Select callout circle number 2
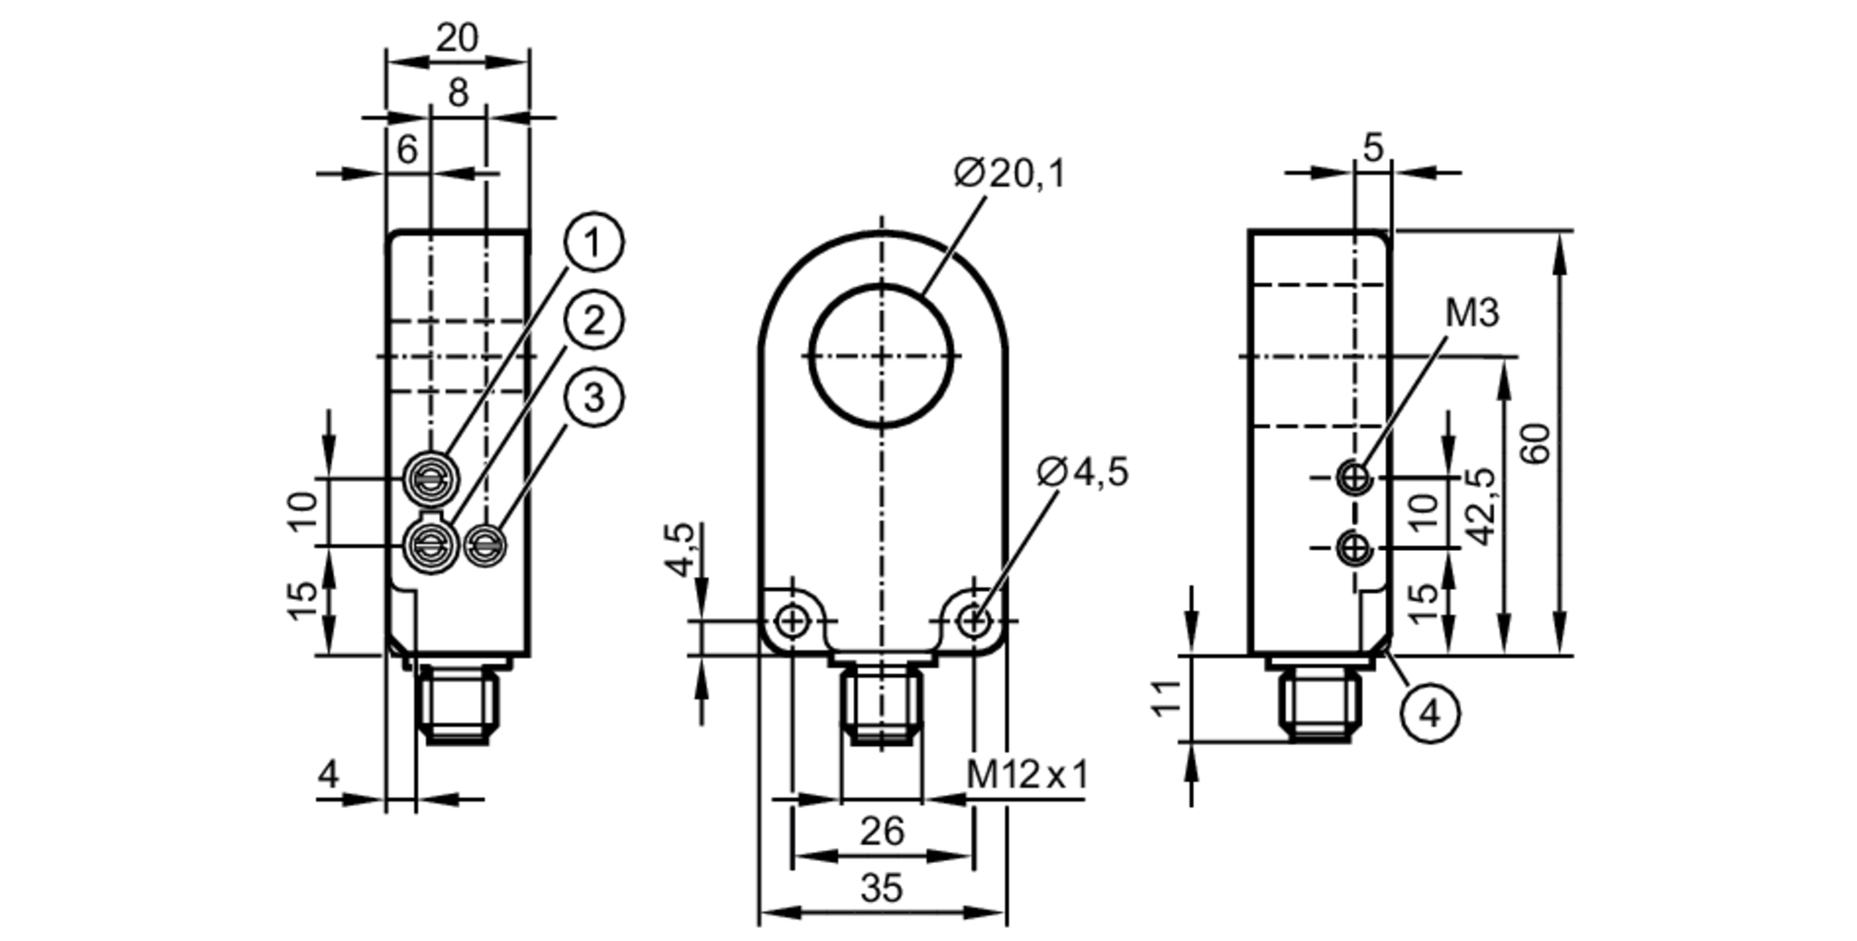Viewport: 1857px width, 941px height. click(x=593, y=320)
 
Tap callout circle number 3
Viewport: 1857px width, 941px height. click(x=593, y=398)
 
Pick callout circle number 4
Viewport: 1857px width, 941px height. click(x=1430, y=713)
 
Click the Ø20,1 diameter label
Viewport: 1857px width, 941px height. click(x=1010, y=174)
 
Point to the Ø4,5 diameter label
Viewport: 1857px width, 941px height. click(x=1083, y=472)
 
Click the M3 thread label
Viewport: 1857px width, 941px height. click(x=1472, y=314)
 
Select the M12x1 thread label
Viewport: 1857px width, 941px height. click(x=1026, y=774)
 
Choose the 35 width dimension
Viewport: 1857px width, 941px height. click(x=880, y=888)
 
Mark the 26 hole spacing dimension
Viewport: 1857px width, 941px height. click(x=880, y=831)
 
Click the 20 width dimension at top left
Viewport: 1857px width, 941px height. click(x=457, y=38)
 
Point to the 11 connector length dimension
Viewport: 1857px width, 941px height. click(x=1167, y=697)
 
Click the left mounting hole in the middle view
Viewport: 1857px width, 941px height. click(x=792, y=621)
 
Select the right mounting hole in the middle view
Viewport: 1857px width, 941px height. click(x=973, y=621)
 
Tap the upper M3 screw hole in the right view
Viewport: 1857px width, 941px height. click(x=1355, y=477)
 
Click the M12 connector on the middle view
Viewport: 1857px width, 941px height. click(x=881, y=706)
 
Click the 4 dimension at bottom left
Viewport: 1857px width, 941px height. click(x=329, y=774)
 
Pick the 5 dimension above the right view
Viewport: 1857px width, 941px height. click(x=1373, y=147)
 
